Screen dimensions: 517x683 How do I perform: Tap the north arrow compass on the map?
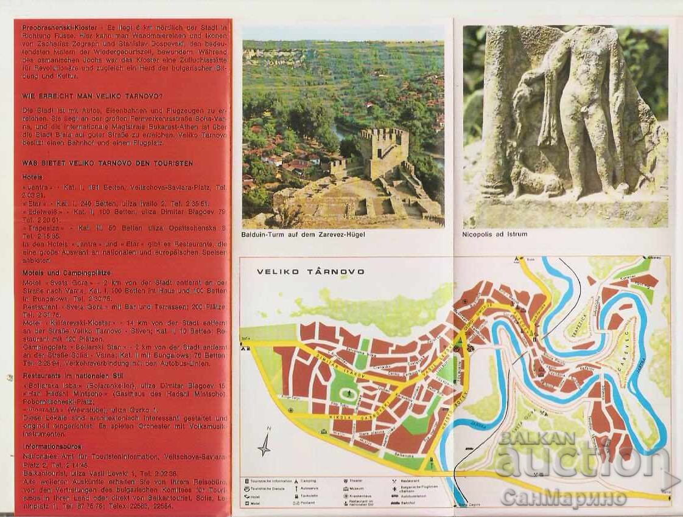coord(264,443)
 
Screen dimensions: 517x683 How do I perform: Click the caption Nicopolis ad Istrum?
coord(494,234)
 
